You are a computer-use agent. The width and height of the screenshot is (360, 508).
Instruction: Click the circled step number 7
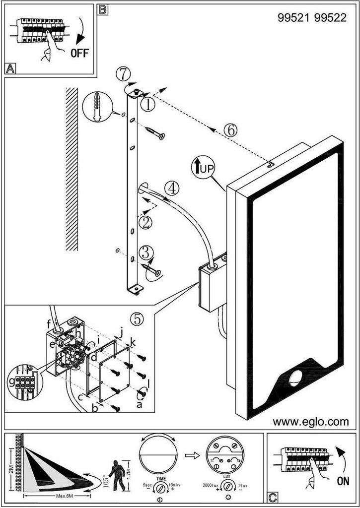(x=125, y=74)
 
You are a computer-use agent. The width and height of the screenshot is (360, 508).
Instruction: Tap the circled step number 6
(x=230, y=129)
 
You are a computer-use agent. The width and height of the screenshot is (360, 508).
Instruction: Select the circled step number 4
(x=171, y=188)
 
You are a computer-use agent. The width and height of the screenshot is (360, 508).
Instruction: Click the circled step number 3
(x=145, y=252)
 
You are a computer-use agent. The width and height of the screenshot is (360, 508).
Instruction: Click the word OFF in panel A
(x=79, y=53)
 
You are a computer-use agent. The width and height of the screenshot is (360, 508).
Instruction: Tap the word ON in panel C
(x=342, y=480)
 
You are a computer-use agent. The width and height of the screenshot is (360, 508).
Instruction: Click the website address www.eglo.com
(x=310, y=422)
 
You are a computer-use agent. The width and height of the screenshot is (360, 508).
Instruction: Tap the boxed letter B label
(x=102, y=9)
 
